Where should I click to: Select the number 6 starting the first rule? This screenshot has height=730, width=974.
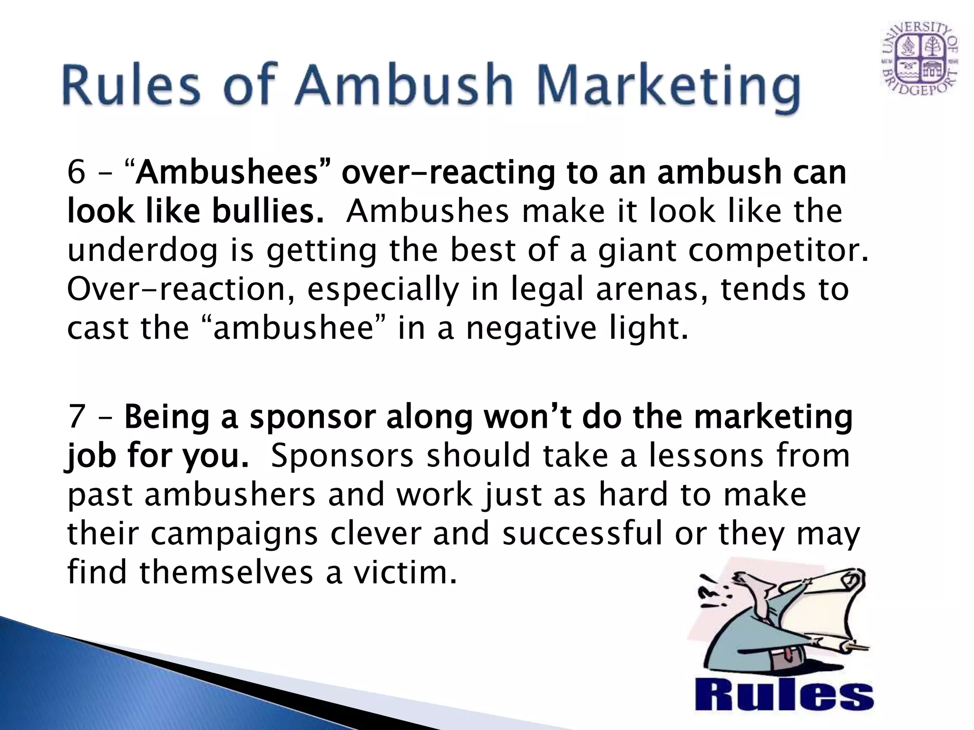[76, 172]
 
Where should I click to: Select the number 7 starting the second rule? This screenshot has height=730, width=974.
[76, 417]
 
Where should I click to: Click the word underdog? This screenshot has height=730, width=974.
[142, 250]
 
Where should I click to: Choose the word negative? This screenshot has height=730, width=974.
[531, 328]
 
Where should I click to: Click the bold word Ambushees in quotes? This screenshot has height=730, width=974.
[226, 172]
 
